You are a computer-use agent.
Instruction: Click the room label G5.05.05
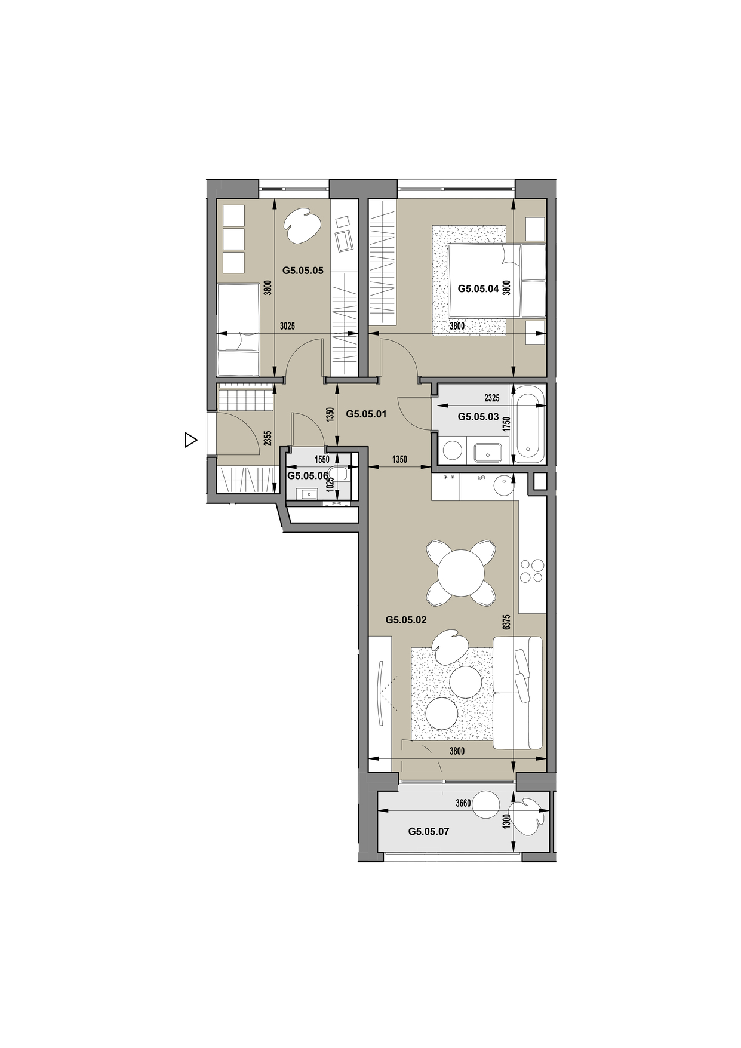pyautogui.click(x=303, y=271)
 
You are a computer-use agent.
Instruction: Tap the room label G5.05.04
pyautogui.click(x=478, y=288)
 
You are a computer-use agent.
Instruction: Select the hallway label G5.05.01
pyautogui.click(x=367, y=414)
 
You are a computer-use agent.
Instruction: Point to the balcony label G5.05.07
pyautogui.click(x=429, y=831)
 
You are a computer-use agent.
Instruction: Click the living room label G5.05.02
pyautogui.click(x=406, y=620)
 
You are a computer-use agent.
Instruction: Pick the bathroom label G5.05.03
pyautogui.click(x=478, y=417)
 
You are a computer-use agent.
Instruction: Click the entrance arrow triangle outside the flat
pyautogui.click(x=190, y=440)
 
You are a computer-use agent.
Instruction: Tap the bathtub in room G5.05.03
pyautogui.click(x=530, y=424)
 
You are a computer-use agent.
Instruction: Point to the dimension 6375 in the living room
pyautogui.click(x=506, y=622)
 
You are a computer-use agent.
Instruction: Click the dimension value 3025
pyautogui.click(x=287, y=326)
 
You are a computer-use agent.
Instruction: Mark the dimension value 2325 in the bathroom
pyautogui.click(x=492, y=398)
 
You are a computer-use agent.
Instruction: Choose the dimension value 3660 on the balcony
pyautogui.click(x=463, y=803)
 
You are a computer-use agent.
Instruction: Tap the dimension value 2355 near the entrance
pyautogui.click(x=268, y=439)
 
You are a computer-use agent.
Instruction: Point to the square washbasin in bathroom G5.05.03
pyautogui.click(x=488, y=453)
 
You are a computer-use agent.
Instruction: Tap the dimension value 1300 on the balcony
pyautogui.click(x=506, y=821)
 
